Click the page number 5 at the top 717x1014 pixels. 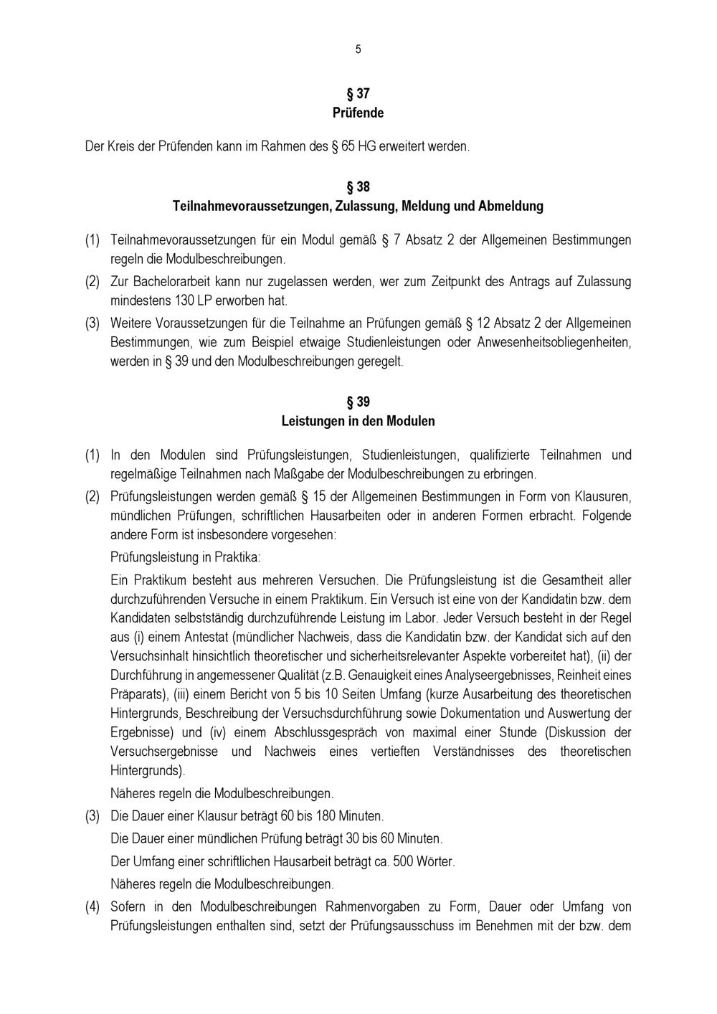point(358,49)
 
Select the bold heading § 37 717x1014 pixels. point(358,94)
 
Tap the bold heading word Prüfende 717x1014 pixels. point(358,113)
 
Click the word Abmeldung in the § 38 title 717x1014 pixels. point(511,207)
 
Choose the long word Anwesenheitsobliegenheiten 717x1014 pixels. point(554,343)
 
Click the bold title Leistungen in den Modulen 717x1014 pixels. point(358,422)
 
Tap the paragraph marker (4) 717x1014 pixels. point(92,907)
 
